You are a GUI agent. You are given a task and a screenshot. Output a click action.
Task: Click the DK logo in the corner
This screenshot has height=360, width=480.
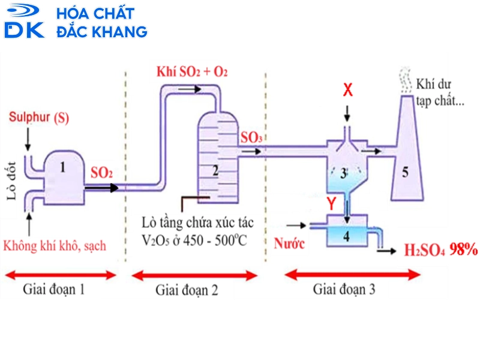coord(24,22)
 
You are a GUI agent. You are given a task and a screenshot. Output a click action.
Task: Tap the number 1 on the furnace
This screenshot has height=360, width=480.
coord(63,167)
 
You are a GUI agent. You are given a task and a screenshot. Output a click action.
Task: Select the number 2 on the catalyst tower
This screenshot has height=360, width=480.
coord(215,170)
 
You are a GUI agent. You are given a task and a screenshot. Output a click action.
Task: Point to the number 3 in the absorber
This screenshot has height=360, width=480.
coord(343,175)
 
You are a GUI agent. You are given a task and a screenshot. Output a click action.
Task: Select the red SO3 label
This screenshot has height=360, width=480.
coord(251,137)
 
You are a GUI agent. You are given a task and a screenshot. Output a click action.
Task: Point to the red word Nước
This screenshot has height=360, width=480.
coord(290,244)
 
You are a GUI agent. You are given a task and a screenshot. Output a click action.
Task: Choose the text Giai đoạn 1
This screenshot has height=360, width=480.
coord(54,289)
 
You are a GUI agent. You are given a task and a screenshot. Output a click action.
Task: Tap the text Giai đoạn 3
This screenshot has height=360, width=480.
coord(344,289)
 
